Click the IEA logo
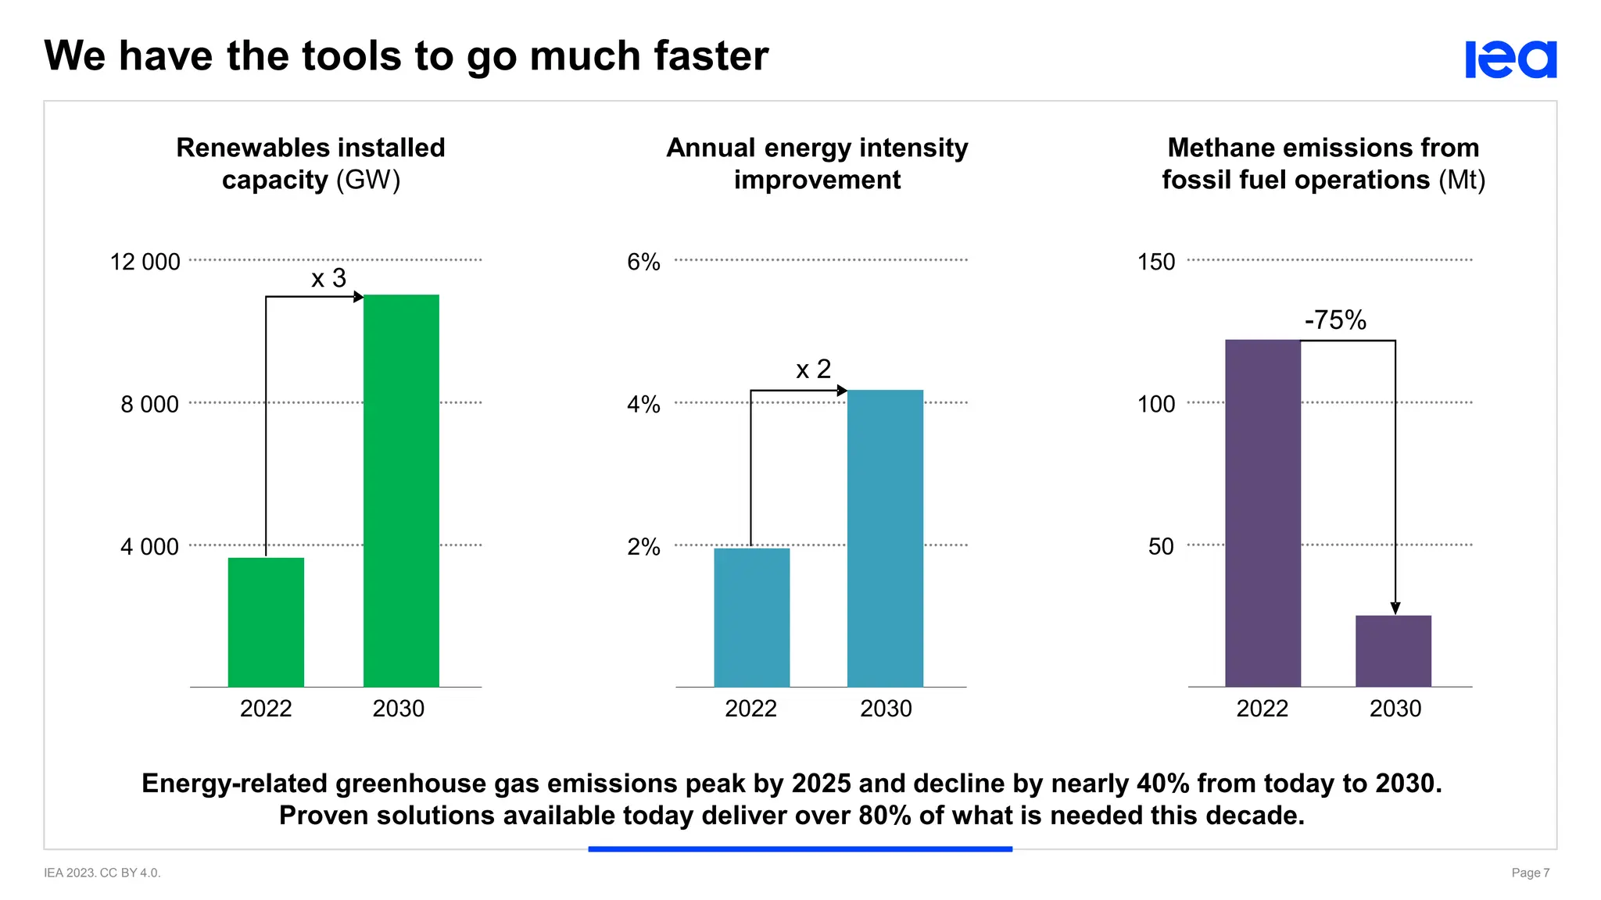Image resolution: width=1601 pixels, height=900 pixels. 1510,59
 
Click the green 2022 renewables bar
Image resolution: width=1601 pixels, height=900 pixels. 266,622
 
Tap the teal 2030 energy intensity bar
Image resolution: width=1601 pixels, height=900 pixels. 885,538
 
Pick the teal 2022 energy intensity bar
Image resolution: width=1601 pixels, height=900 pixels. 751,617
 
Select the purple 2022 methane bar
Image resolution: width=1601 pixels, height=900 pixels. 1263,513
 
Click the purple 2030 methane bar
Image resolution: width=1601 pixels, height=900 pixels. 1393,651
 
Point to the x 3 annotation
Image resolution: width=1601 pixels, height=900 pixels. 328,278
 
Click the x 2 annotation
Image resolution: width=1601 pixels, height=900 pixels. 813,369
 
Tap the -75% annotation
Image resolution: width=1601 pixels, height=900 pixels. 1335,320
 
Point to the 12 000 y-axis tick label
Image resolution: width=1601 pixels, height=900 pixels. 145,262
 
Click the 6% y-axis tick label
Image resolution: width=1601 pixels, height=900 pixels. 643,262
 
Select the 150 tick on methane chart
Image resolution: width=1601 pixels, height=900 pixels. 1155,262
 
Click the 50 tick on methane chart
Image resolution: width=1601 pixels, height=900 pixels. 1161,546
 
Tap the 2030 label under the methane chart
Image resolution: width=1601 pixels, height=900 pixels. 1395,709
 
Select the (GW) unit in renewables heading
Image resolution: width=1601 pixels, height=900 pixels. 368,180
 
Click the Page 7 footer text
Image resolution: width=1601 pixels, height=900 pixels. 1530,873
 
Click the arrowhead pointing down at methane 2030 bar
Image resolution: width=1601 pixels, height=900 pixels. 1395,609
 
